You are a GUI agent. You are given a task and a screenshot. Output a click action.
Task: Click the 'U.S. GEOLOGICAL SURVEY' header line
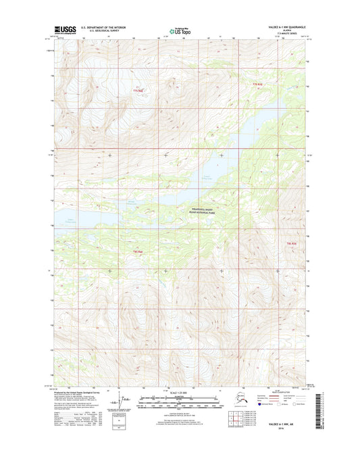(99, 32)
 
